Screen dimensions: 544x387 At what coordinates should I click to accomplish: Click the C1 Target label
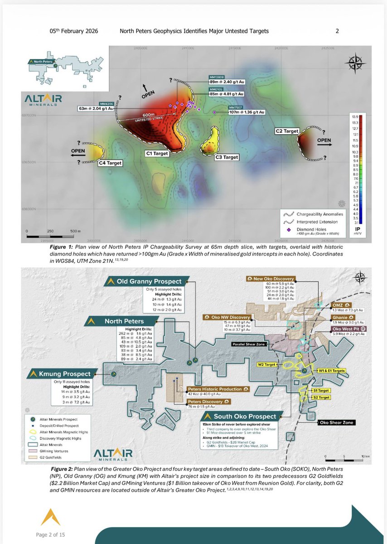tap(157, 154)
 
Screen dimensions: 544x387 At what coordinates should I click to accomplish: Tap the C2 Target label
tap(287, 131)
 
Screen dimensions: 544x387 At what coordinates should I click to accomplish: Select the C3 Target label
tap(227, 157)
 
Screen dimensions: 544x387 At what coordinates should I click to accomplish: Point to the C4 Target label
tap(111, 163)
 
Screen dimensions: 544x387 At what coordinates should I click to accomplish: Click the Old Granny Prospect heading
tap(149, 282)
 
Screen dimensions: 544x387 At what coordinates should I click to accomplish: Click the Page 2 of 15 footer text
tap(50, 534)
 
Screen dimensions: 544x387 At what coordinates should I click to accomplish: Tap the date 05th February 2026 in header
tap(73, 31)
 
